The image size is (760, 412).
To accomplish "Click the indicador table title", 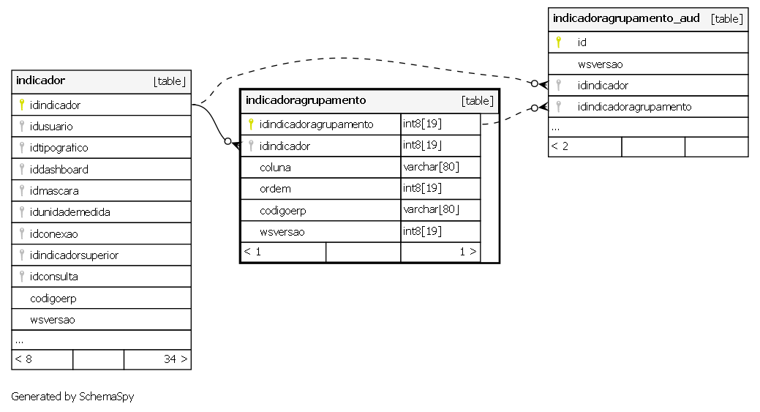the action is click(40, 80).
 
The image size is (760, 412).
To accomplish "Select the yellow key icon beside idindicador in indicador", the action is click(22, 104).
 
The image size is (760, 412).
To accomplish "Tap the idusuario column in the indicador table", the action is click(51, 127).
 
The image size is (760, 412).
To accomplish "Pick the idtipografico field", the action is click(59, 148).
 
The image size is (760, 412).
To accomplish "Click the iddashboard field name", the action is click(59, 170).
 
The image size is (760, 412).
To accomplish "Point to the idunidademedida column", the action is click(69, 212).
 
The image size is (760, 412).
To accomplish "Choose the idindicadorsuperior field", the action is click(74, 255).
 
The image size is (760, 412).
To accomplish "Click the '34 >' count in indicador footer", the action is click(176, 359).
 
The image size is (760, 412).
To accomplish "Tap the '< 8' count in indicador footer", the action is click(23, 359).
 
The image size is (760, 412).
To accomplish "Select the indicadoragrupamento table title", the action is click(306, 100).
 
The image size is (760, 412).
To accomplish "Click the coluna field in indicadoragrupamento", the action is click(275, 168).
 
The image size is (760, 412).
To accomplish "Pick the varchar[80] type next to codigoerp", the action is click(431, 209).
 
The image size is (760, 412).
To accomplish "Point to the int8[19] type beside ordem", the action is click(422, 188).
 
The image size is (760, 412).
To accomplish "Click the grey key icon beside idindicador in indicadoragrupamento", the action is click(251, 146).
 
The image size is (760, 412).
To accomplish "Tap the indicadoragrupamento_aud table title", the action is click(626, 18).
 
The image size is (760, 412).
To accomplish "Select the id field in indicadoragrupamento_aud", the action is click(582, 42).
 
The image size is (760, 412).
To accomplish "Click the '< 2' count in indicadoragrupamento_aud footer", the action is click(560, 146).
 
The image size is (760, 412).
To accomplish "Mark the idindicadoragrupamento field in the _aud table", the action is click(634, 107).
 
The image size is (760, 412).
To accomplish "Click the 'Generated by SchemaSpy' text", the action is click(72, 397).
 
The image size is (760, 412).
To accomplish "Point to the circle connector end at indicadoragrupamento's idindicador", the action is click(227, 141).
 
